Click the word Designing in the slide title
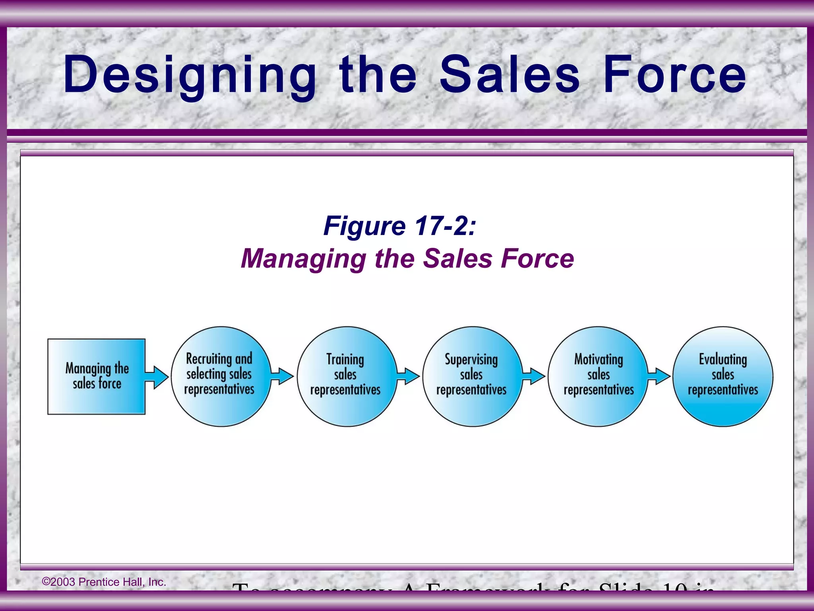190,76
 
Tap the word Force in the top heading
674,75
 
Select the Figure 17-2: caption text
399,226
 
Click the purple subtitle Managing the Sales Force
407,259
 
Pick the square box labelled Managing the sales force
97,376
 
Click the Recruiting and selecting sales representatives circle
221,376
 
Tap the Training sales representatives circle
347,376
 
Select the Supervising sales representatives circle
472,376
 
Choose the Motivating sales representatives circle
598,376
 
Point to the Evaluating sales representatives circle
723,376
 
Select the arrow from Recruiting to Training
283,376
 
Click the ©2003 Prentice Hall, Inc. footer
104,582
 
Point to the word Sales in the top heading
510,75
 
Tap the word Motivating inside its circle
599,359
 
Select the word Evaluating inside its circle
723,359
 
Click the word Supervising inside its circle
471,359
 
